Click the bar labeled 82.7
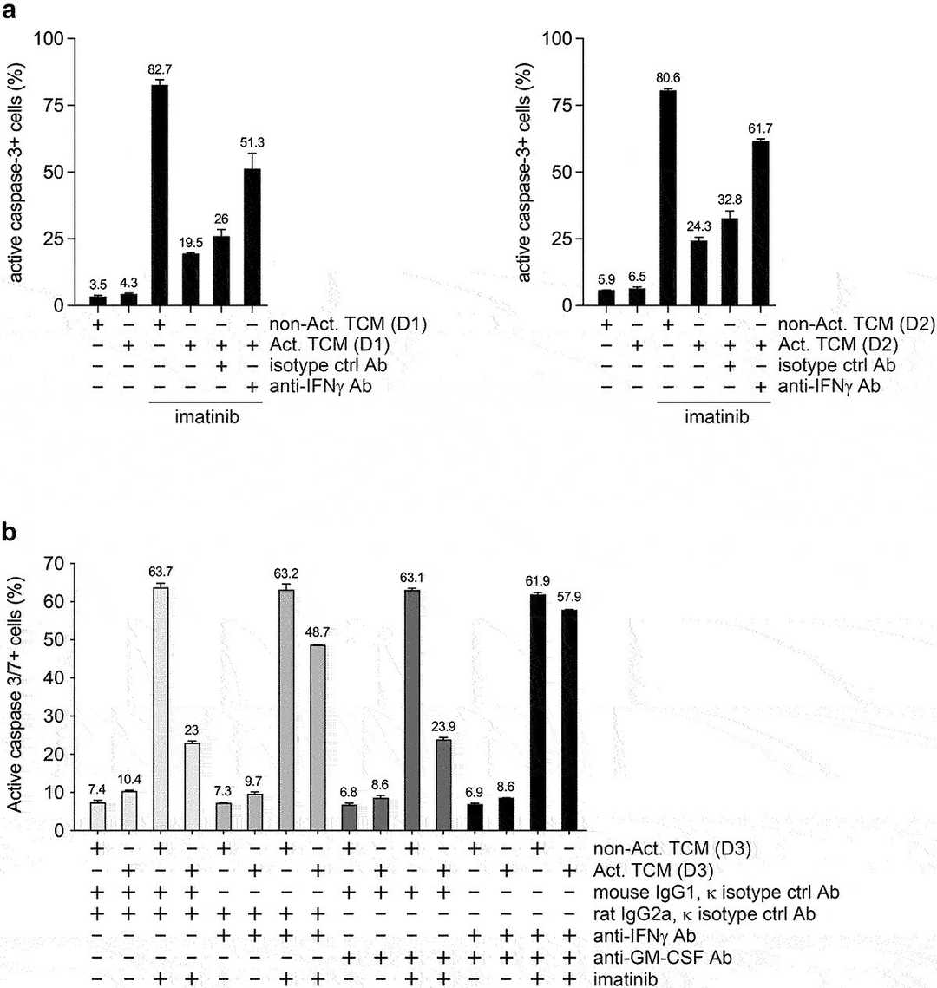pos(160,195)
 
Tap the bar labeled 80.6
pos(667,198)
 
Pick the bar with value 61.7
pos(761,223)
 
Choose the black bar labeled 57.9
pos(569,720)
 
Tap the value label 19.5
pos(191,243)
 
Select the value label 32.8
pos(731,200)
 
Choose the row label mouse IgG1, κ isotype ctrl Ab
pos(717,892)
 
